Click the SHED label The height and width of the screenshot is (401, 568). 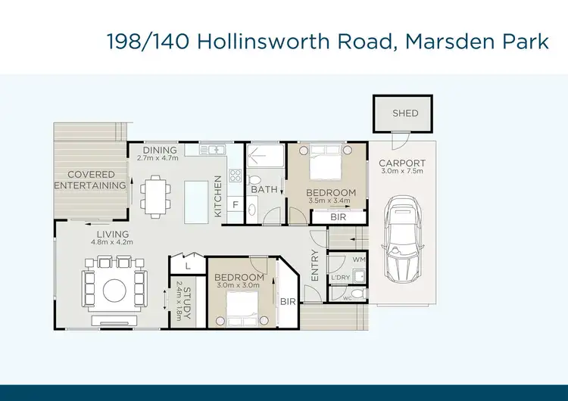404,113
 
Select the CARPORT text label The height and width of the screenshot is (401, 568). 401,163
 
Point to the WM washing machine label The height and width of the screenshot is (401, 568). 359,260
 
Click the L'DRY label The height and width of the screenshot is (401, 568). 341,278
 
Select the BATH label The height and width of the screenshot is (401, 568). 264,190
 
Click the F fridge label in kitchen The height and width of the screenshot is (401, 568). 236,204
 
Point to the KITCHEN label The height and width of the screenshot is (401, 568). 218,197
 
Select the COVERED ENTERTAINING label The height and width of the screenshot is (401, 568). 90,180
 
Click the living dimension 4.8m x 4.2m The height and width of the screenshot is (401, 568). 112,243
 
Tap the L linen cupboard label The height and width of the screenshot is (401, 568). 186,267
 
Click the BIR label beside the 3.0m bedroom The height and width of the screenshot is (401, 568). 287,301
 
